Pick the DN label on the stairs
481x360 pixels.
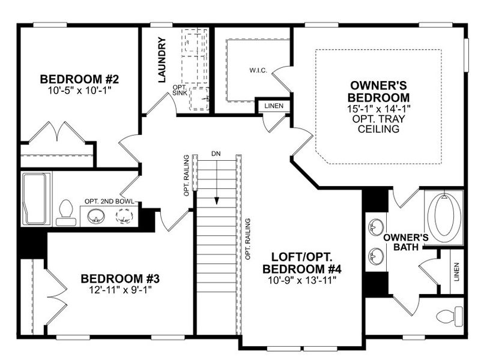216,154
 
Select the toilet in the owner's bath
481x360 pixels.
450,314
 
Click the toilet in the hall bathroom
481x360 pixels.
65,213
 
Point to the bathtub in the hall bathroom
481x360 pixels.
37,198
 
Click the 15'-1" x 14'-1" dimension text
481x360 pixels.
380,109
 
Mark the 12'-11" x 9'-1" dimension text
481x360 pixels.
120,290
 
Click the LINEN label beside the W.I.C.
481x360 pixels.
274,107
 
